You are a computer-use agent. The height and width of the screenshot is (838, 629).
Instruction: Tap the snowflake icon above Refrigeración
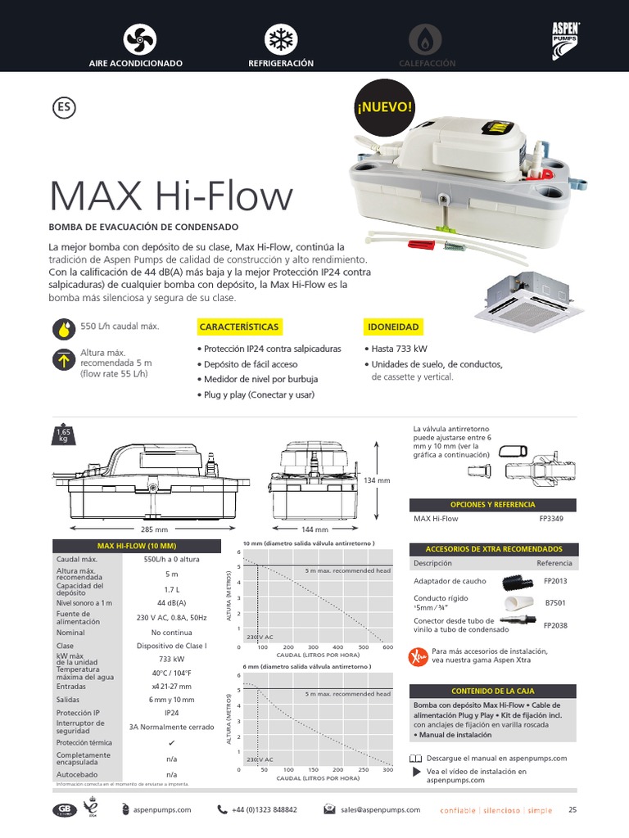[282, 39]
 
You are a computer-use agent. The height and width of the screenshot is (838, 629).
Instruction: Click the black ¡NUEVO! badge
[383, 106]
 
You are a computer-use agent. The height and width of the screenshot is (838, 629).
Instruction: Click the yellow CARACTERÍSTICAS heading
[239, 327]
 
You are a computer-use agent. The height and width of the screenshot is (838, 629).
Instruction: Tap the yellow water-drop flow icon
[63, 328]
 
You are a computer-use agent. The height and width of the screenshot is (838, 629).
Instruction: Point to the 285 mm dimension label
[155, 529]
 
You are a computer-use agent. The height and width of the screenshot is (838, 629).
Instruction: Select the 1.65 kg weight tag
[63, 435]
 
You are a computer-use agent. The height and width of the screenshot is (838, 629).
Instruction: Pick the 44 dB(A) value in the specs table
[171, 603]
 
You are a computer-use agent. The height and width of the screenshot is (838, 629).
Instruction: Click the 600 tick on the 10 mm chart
[388, 647]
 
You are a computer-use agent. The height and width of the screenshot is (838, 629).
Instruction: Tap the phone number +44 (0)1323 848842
[265, 809]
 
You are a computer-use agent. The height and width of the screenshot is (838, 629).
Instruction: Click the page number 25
[572, 809]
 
